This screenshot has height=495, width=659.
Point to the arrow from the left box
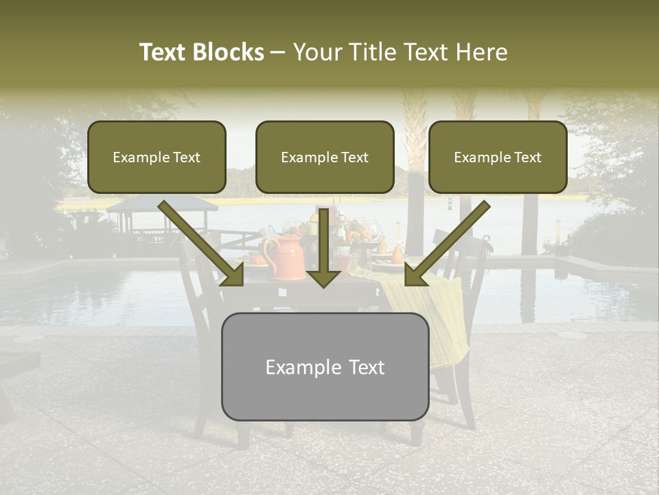click(202, 244)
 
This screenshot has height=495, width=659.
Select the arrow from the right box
click(447, 244)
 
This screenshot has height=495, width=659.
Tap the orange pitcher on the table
click(281, 258)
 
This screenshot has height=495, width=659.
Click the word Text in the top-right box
click(527, 157)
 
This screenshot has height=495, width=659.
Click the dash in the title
click(278, 52)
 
